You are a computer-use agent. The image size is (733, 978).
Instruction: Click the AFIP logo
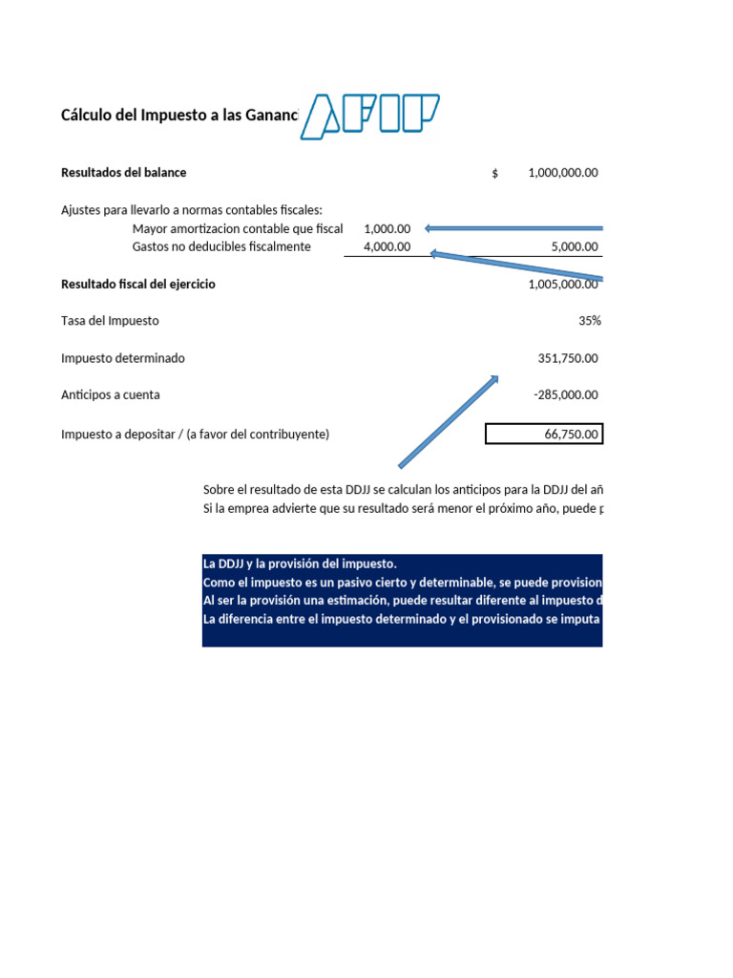click(370, 116)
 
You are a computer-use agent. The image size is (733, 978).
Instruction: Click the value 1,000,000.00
click(562, 173)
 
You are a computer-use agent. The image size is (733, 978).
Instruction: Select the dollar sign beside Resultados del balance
click(495, 174)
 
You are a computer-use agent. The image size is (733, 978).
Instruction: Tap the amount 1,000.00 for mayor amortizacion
click(387, 229)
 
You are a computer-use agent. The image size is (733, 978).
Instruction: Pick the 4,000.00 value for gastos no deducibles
click(387, 246)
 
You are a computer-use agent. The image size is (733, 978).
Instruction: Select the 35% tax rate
click(589, 321)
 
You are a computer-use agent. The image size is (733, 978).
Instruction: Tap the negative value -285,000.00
click(566, 394)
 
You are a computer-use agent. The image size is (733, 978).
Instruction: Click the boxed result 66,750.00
click(544, 435)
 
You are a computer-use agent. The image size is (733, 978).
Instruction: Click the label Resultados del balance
click(124, 173)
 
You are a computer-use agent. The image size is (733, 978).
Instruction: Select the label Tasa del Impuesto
click(110, 321)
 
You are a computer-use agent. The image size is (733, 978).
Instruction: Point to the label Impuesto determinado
click(123, 358)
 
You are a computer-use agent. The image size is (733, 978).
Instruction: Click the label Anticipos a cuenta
click(111, 394)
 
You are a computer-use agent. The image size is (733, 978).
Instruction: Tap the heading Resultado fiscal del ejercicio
click(138, 285)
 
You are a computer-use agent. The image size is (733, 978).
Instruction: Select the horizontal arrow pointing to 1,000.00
click(515, 228)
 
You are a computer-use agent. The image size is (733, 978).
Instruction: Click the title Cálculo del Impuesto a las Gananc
click(179, 116)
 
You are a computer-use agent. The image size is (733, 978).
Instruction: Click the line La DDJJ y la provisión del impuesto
click(293, 563)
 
